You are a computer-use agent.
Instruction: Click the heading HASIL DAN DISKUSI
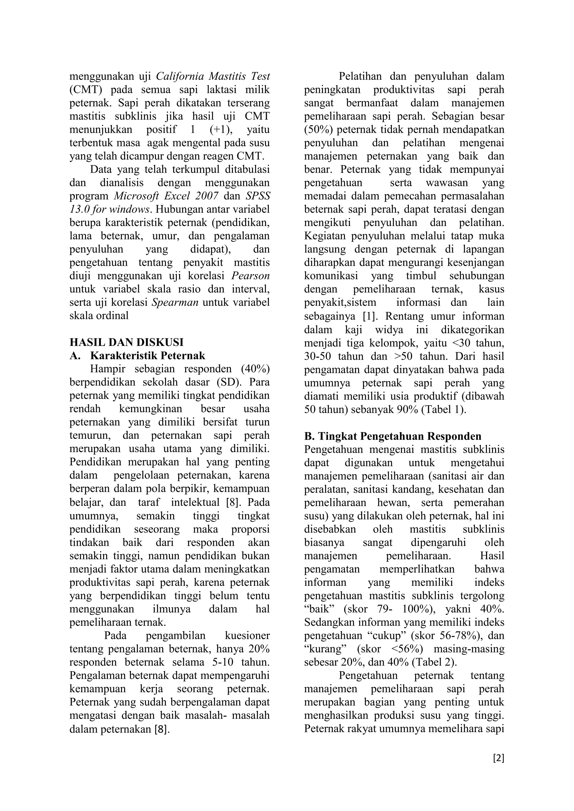tap(126, 342)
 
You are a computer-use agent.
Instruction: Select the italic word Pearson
tap(250, 276)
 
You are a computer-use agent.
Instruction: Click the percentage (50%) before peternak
tap(318, 130)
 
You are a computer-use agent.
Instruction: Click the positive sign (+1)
tap(221, 130)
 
